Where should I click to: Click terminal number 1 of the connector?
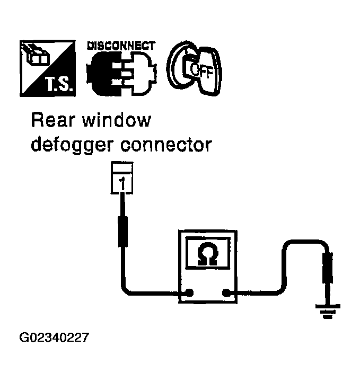coord(122,184)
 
